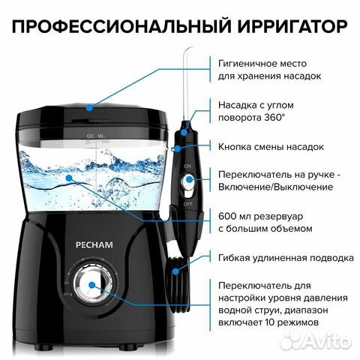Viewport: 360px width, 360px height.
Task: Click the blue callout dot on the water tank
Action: [x=69, y=178]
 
